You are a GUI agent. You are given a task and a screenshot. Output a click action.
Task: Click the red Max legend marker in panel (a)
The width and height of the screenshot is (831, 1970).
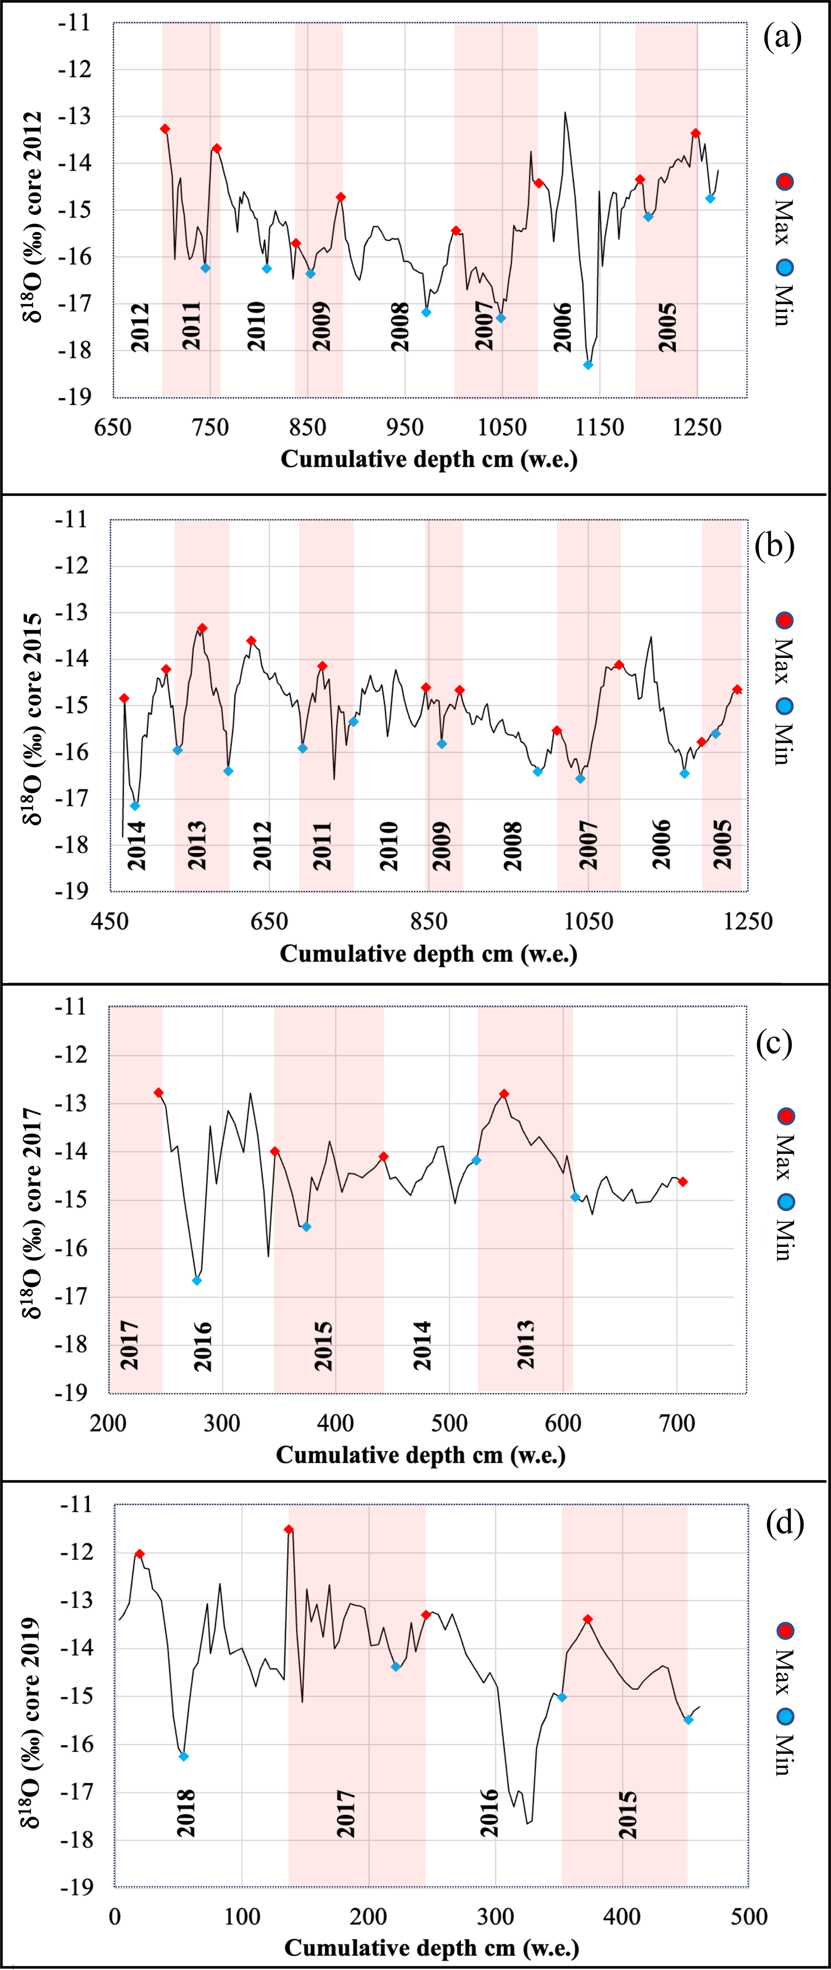click(784, 181)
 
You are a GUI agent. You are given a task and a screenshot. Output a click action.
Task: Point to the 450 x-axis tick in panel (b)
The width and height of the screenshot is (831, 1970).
click(110, 921)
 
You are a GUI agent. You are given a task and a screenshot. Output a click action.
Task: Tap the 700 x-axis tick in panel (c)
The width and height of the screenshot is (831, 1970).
click(677, 1423)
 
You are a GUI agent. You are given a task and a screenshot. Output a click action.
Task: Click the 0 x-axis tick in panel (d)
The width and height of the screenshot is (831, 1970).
click(115, 1917)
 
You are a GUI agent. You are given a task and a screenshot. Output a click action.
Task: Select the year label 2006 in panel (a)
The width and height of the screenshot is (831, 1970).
click(563, 327)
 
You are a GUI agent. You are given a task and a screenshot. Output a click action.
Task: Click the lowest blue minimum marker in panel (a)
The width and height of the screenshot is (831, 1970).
click(588, 365)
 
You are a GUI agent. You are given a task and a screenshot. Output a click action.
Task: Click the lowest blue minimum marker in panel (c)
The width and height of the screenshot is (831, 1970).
click(197, 1281)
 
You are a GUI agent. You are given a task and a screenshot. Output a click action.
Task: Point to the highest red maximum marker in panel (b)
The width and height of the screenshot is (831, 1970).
click(202, 628)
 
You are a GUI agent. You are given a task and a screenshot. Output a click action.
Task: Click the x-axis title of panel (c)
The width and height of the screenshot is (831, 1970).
click(421, 1454)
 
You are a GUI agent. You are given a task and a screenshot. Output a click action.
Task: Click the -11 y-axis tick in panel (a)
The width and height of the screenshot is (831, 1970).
click(75, 23)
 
